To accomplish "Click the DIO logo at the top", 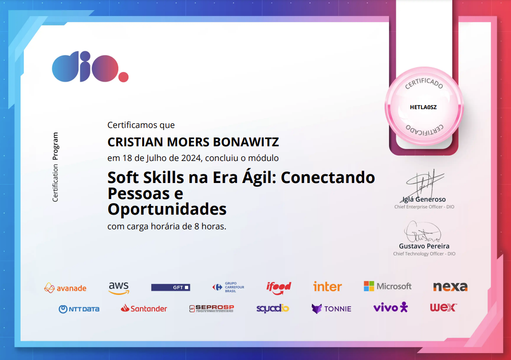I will pos(90,68).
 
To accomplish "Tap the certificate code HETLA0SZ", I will pos(423,107).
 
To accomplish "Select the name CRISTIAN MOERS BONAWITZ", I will pos(193,142).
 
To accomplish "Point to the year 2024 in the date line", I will pos(190,158).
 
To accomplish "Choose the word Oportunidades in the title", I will pos(167,209).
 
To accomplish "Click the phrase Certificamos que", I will pos(141,125).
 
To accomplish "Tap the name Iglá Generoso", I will pos(424,199).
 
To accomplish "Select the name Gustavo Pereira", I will pos(424,246).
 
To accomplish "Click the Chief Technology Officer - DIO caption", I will pos(424,254).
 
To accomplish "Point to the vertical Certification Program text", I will pos(56,167).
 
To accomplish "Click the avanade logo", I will pos(65,288).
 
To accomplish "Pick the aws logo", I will pos(119,288).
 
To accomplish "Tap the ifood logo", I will pos(279,288).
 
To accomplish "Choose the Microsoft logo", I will pos(388,286).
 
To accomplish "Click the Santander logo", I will pos(144,309).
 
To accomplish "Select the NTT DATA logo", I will pos(79,309).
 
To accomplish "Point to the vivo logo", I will pos(390,307).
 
